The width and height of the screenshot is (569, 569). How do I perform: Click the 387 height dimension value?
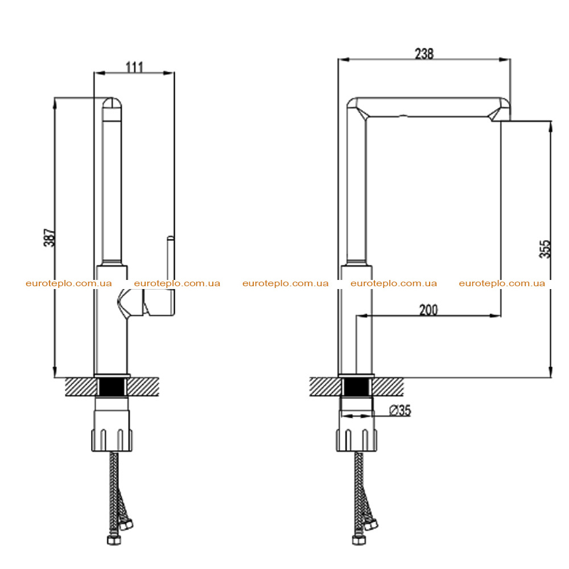click(x=50, y=238)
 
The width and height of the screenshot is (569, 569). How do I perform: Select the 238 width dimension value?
click(x=424, y=53)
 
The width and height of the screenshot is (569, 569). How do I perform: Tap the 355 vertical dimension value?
click(x=545, y=249)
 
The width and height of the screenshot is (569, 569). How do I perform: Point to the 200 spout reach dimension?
click(x=428, y=310)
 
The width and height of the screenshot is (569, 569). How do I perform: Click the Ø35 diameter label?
click(x=400, y=410)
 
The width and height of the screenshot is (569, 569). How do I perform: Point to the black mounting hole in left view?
click(x=112, y=386)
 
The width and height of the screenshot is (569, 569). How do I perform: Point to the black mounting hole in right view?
click(x=356, y=387)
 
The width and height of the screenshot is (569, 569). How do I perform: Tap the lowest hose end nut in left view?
click(x=114, y=540)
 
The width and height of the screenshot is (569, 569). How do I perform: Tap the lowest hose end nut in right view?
click(x=359, y=540)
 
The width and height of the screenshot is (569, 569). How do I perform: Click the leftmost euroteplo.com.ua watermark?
click(x=69, y=283)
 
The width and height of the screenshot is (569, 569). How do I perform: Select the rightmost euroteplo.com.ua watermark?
click(x=502, y=283)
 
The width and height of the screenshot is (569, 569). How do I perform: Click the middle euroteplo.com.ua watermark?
click(x=285, y=283)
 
